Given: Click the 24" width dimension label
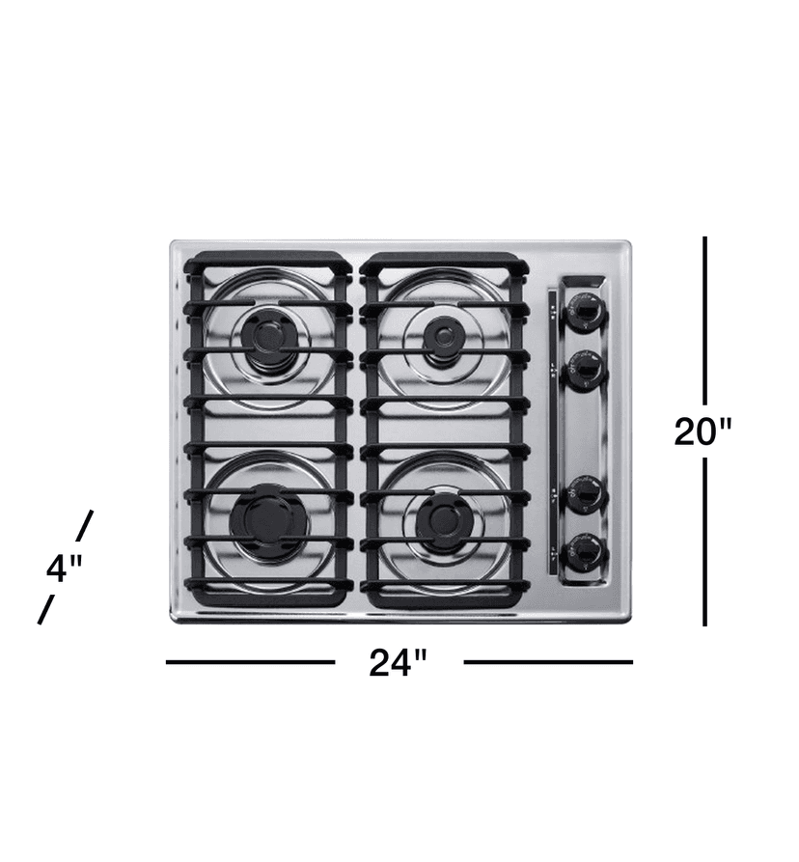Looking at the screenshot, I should [x=398, y=663].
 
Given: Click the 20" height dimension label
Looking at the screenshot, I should [x=703, y=431].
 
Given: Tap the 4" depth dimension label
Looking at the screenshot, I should [x=65, y=569].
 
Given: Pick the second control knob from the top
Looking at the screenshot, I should [x=585, y=370].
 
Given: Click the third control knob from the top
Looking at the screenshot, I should [x=585, y=494].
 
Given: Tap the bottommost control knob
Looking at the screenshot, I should [x=585, y=553].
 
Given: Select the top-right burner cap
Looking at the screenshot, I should [x=442, y=335].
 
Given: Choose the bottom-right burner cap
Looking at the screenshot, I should [x=445, y=518].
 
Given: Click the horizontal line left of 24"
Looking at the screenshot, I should [x=250, y=662].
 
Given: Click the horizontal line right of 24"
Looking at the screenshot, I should [x=547, y=662].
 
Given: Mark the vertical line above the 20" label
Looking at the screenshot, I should [x=705, y=319].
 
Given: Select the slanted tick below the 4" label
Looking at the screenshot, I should [x=44, y=610].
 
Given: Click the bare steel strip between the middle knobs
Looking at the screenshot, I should [x=585, y=431].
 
